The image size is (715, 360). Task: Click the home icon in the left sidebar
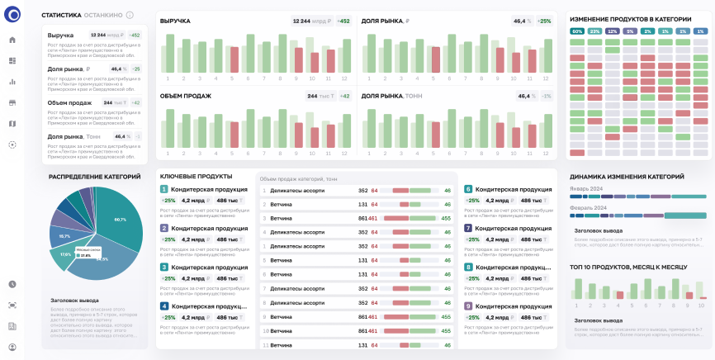(x=12, y=40)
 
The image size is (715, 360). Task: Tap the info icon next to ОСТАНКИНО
(x=130, y=15)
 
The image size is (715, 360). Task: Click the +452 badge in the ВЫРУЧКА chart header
(x=343, y=21)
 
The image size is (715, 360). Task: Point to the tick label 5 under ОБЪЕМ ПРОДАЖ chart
(x=234, y=154)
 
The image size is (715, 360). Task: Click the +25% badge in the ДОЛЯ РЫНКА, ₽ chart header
(x=544, y=21)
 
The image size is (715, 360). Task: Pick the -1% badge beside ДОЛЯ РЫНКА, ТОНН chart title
(x=547, y=96)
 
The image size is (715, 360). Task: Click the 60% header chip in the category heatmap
(x=577, y=31)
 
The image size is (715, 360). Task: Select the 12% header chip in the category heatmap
(x=612, y=31)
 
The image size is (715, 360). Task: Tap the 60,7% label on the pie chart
(x=121, y=220)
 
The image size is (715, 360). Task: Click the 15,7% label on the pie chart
(x=65, y=235)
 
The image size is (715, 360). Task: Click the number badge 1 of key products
(x=164, y=189)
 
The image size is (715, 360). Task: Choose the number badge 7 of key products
(x=468, y=228)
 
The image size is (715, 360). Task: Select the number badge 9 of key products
(x=468, y=306)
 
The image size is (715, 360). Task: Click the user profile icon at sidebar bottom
(x=12, y=348)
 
